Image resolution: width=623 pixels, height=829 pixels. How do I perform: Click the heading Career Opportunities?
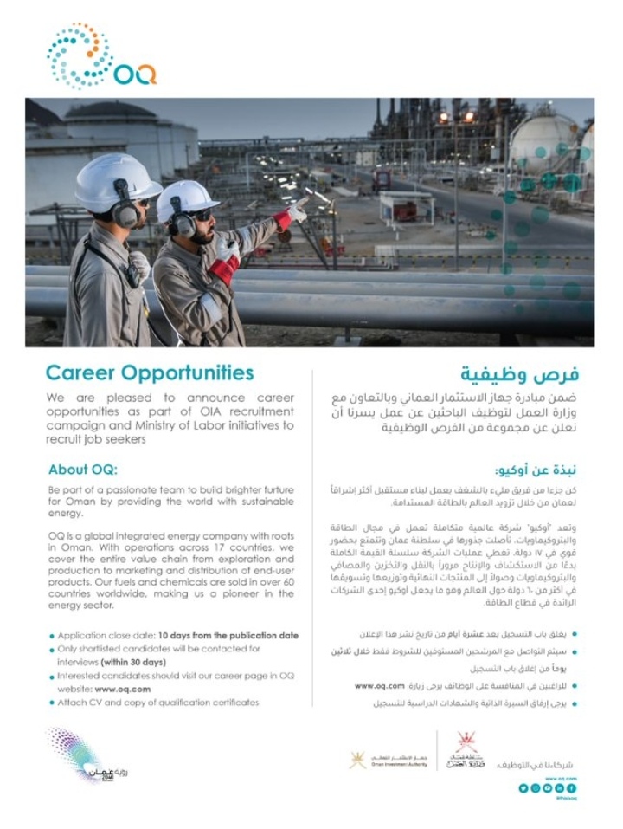pos(150,372)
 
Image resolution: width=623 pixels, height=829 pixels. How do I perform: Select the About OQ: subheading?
pos(81,470)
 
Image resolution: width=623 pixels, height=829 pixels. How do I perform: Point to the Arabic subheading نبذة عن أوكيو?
pos(531,470)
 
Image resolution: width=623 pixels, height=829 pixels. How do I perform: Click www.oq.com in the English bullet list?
pos(123,689)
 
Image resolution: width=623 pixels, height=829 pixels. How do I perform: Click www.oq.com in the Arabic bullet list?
pos(380,685)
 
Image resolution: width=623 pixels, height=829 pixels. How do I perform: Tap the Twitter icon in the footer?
pos(523,787)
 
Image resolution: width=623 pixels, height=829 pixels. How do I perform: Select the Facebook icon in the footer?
pos(572,787)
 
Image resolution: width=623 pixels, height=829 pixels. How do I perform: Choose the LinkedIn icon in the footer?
pos(560,787)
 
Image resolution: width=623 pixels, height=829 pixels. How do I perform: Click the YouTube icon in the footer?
pos(548,787)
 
